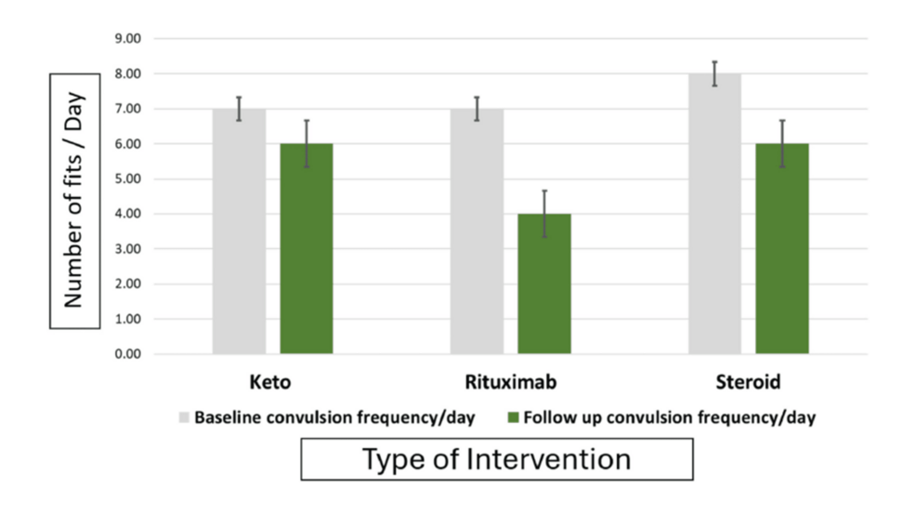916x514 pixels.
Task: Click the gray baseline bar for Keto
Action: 239,231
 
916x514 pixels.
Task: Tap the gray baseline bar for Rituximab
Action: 477,231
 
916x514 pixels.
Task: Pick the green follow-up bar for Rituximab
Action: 544,283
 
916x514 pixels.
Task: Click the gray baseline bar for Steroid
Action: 714,214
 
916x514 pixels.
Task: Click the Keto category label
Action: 272,383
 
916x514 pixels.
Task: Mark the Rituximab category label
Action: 510,383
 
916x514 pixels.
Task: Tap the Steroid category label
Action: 748,383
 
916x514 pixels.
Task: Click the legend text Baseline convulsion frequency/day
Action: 334,417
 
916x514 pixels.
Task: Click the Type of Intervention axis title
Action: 496,459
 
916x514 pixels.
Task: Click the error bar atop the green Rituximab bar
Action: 544,214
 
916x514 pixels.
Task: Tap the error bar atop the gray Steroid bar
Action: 714,73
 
